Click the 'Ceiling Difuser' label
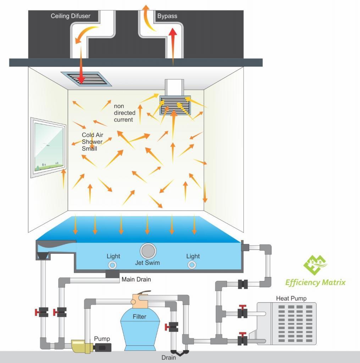click(x=71, y=16)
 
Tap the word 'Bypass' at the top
click(x=167, y=16)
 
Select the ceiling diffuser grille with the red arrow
click(x=86, y=79)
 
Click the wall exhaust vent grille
click(x=175, y=105)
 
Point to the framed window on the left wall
click(x=48, y=147)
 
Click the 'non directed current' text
click(x=124, y=113)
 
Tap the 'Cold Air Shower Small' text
click(x=92, y=142)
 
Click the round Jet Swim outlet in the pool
click(x=148, y=251)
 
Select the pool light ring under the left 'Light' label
click(x=112, y=265)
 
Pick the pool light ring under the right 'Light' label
click(x=192, y=265)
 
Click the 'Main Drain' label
click(x=136, y=279)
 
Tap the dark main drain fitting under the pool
click(x=112, y=274)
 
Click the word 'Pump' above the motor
click(x=102, y=339)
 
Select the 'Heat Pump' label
click(x=291, y=298)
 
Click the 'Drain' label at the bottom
click(x=168, y=358)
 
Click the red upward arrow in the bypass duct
click(x=173, y=46)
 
